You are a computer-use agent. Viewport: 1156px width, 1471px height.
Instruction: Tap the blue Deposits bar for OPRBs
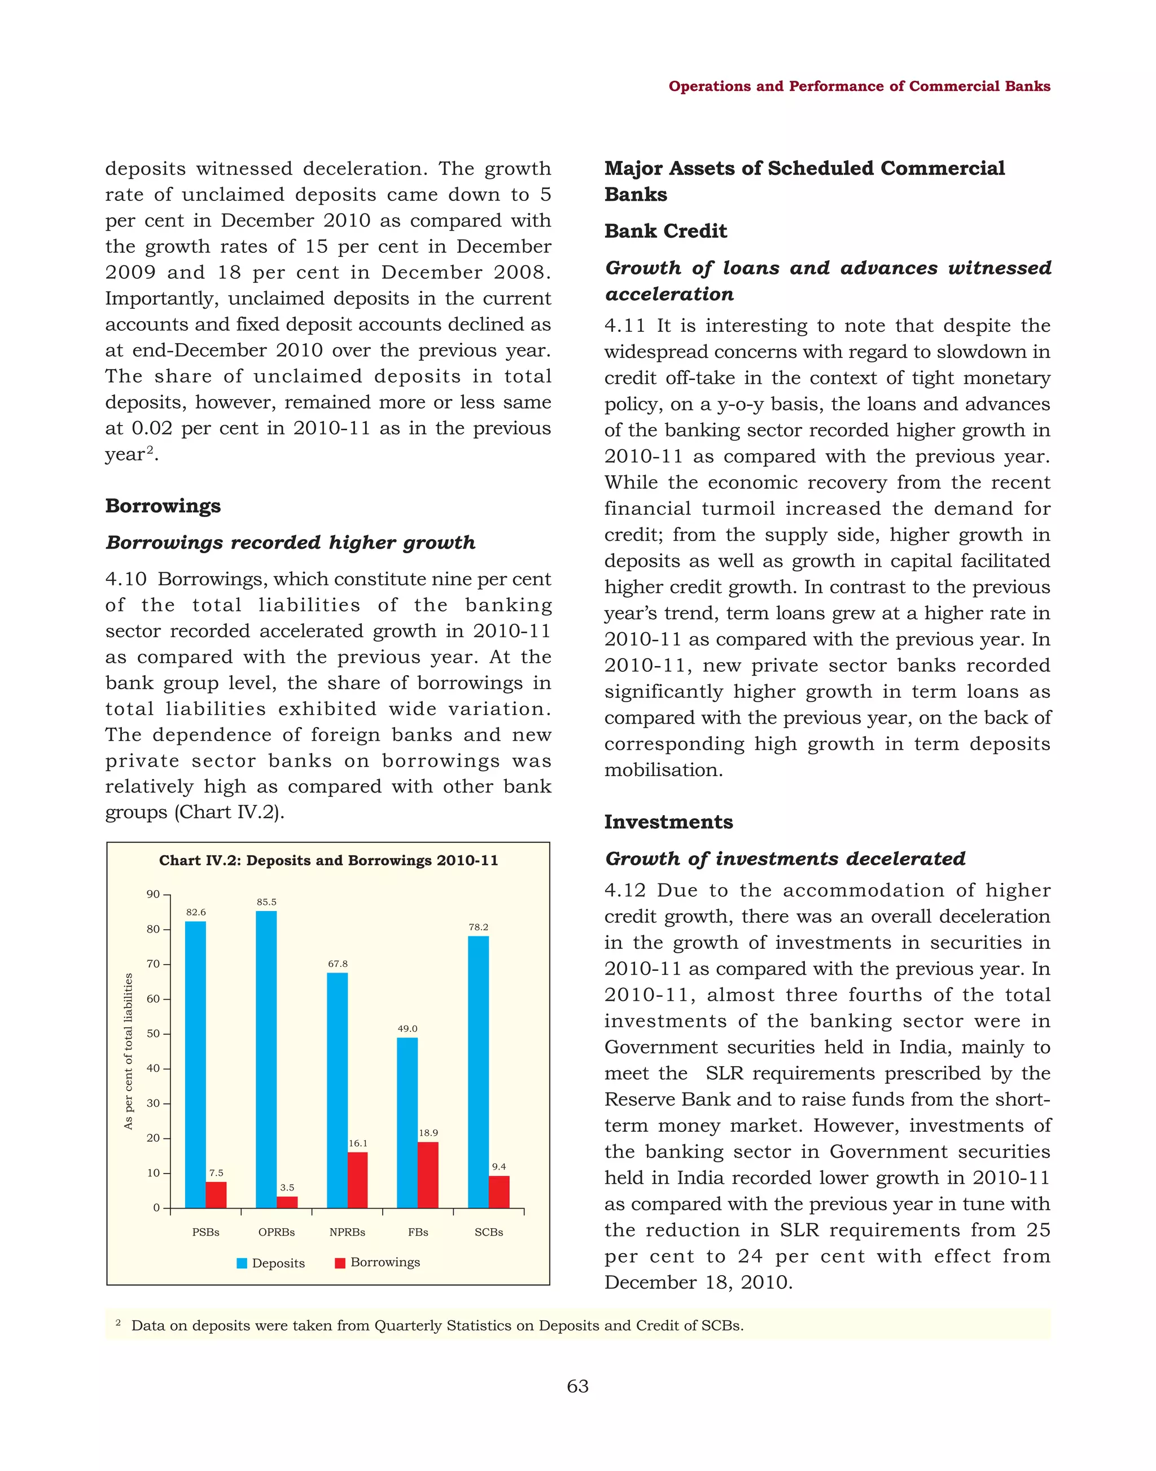coord(266,1059)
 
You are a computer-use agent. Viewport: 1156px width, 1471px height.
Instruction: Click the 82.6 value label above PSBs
coord(196,913)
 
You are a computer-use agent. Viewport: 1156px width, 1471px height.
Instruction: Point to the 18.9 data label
coord(428,1132)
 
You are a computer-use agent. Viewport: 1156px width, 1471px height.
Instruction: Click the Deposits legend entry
coord(271,1263)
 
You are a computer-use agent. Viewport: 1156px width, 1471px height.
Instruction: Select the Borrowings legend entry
coord(378,1263)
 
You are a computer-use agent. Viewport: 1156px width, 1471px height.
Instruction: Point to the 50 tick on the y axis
coord(154,1034)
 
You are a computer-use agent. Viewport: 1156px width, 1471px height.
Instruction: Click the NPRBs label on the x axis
coord(347,1232)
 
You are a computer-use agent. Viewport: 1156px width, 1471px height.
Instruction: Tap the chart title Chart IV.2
coord(329,860)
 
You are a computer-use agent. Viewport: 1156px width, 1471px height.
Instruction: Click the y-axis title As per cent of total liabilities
coord(129,1050)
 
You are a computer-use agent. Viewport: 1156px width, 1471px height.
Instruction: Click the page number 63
coord(577,1386)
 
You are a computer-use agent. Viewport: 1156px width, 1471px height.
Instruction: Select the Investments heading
coord(668,822)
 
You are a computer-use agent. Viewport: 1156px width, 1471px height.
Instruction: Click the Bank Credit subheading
coord(665,231)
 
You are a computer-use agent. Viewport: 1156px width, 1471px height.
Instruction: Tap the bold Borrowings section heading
coord(163,506)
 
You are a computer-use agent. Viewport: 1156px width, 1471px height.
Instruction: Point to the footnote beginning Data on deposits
coord(437,1325)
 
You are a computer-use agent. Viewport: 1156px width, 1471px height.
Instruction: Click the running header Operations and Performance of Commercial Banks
coord(859,86)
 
